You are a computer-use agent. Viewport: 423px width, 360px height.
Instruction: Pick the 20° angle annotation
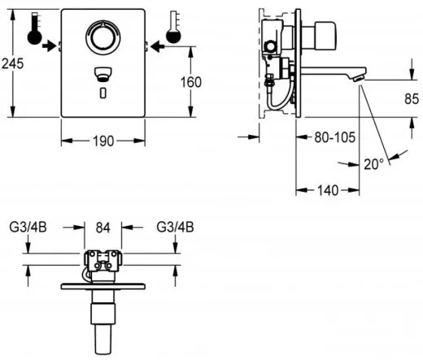pyautogui.click(x=373, y=163)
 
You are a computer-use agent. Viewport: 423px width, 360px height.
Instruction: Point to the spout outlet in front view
pyautogui.click(x=101, y=74)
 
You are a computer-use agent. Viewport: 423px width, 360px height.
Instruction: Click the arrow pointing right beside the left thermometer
pyautogui.click(x=52, y=47)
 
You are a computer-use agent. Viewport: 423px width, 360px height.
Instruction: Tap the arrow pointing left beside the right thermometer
pyautogui.click(x=153, y=47)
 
